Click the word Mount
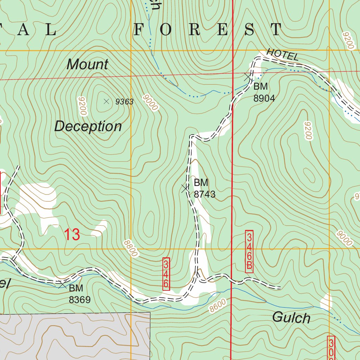coord(88,64)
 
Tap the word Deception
coord(88,126)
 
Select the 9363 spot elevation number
coord(124,102)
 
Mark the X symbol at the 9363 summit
coord(106,101)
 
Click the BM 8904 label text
coord(264,92)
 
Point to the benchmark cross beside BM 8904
coord(248,76)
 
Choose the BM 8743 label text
coord(204,188)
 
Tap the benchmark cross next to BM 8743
coord(185,188)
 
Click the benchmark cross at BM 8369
coord(62,284)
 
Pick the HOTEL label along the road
coord(283,54)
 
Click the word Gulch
coord(291,318)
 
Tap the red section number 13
coord(72,234)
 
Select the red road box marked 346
coord(166,274)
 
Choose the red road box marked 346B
coord(249,251)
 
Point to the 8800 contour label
coord(130,248)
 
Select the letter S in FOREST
coord(249,30)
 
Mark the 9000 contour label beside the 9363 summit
coord(150,103)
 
